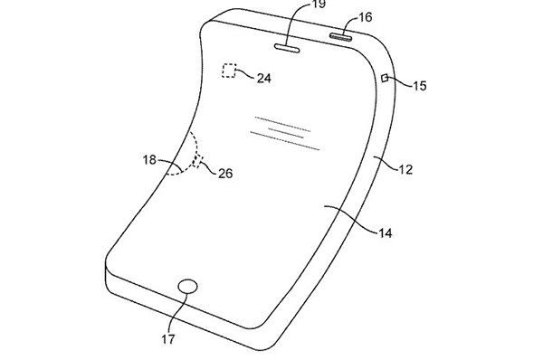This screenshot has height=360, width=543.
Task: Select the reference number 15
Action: point(419,86)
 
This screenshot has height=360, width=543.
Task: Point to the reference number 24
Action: point(264,78)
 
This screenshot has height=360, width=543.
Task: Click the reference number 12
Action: point(405,169)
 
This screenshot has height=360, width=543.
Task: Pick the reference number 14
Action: point(385,233)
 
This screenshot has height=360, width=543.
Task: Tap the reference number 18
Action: point(149,159)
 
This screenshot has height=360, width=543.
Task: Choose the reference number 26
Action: point(225,173)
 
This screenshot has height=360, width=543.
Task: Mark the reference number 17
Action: point(168,339)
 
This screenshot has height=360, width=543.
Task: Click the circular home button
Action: point(187,287)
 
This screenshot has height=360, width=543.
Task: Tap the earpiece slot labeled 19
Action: point(287,49)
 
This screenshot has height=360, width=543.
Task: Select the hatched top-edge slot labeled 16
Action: point(341,37)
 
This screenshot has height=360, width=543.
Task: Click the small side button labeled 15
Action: point(385,78)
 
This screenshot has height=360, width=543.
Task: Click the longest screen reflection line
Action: point(285,141)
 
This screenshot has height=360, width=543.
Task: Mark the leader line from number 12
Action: point(385,164)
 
